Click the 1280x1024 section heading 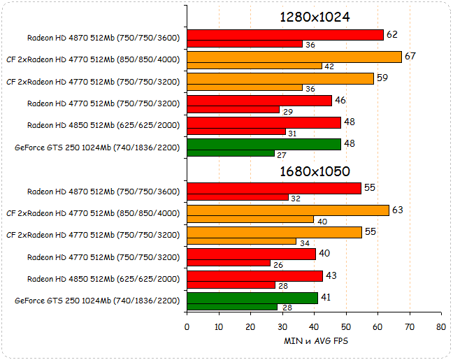pyautogui.click(x=315, y=17)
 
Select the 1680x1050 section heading pyautogui.click(x=315, y=171)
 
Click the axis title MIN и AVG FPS pyautogui.click(x=315, y=341)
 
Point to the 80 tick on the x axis pyautogui.click(x=440, y=326)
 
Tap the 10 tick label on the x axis pyautogui.click(x=219, y=326)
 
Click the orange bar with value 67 pyautogui.click(x=294, y=57)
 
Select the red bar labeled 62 pyautogui.click(x=285, y=35)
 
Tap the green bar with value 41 pyautogui.click(x=252, y=297)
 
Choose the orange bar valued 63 pyautogui.click(x=287, y=210)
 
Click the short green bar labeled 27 pyautogui.click(x=230, y=153)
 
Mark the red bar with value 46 pyautogui.click(x=259, y=101)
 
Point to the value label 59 pyautogui.click(x=382, y=78)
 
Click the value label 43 pyautogui.click(x=331, y=275)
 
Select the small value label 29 pyautogui.click(x=287, y=110)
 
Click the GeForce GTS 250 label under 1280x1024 pyautogui.click(x=97, y=147)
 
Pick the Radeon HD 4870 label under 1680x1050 pyautogui.click(x=103, y=191)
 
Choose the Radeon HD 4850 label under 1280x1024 pyautogui.click(x=103, y=125)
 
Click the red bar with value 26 pyautogui.click(x=228, y=264)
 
